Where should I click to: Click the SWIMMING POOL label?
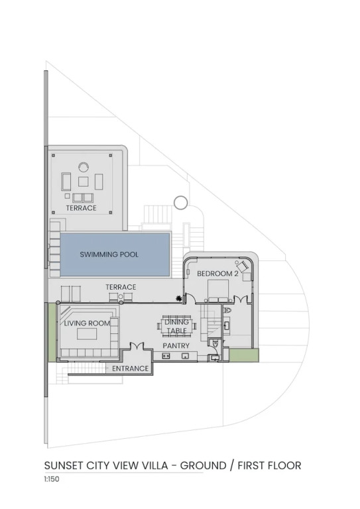coord(109,254)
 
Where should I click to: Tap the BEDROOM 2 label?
coord(217,274)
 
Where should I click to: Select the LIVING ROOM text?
coord(87,323)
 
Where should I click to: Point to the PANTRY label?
coord(176,346)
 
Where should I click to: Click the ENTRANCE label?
coord(130,368)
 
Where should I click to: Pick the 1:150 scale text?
coord(52,479)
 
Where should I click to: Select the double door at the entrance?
coord(137,346)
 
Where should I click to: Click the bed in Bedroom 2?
coord(219,291)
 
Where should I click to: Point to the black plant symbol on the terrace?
coord(178,299)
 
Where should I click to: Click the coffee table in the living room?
coord(87,334)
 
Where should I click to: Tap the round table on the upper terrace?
coord(84,167)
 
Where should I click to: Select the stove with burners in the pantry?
coord(166,356)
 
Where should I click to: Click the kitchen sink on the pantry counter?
coord(186,356)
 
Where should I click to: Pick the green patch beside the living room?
coord(52,332)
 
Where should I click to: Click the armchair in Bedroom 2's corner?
coord(244,266)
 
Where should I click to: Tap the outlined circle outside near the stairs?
coord(180,203)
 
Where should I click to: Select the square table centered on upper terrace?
coord(83,182)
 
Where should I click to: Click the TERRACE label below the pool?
coord(121,287)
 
